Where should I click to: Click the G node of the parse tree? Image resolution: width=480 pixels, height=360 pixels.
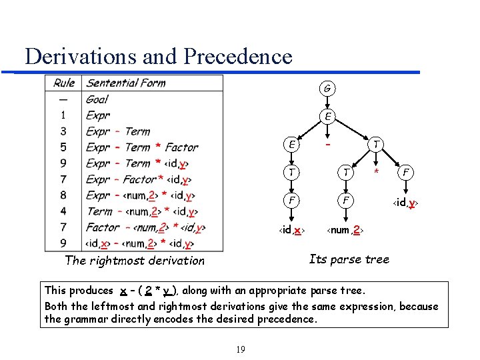tap(327, 89)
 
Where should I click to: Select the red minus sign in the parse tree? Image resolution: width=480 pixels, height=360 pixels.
tap(327, 143)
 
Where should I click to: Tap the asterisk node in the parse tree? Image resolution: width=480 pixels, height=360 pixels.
tap(376, 173)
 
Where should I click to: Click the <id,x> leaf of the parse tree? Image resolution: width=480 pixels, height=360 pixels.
tap(291, 230)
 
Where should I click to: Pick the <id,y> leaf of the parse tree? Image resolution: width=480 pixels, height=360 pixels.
tap(405, 201)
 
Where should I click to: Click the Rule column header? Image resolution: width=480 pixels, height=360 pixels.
tap(64, 83)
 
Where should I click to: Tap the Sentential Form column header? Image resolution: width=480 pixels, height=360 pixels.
tap(126, 83)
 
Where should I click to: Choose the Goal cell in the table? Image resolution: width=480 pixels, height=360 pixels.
tap(97, 99)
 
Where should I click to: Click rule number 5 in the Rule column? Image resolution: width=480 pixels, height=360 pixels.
tap(63, 147)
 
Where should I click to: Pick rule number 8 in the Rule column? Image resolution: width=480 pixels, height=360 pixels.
tap(63, 195)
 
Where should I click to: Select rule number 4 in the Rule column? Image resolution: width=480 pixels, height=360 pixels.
tap(63, 211)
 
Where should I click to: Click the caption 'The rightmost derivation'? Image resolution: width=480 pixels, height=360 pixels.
tap(135, 261)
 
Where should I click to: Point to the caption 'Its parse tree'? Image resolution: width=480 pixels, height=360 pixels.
tap(349, 259)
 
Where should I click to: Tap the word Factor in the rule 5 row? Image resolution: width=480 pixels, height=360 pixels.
tap(181, 147)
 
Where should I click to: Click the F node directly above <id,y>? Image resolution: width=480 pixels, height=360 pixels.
tap(405, 173)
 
